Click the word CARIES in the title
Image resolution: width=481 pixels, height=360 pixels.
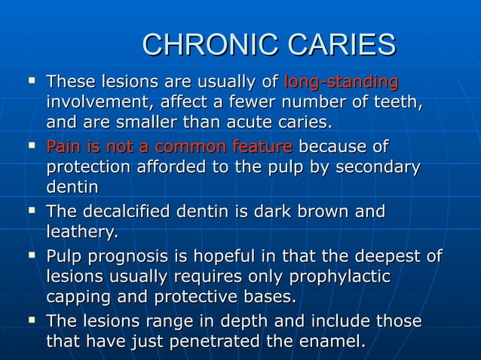(x=336, y=44)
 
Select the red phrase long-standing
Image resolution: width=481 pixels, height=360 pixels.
(x=341, y=81)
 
